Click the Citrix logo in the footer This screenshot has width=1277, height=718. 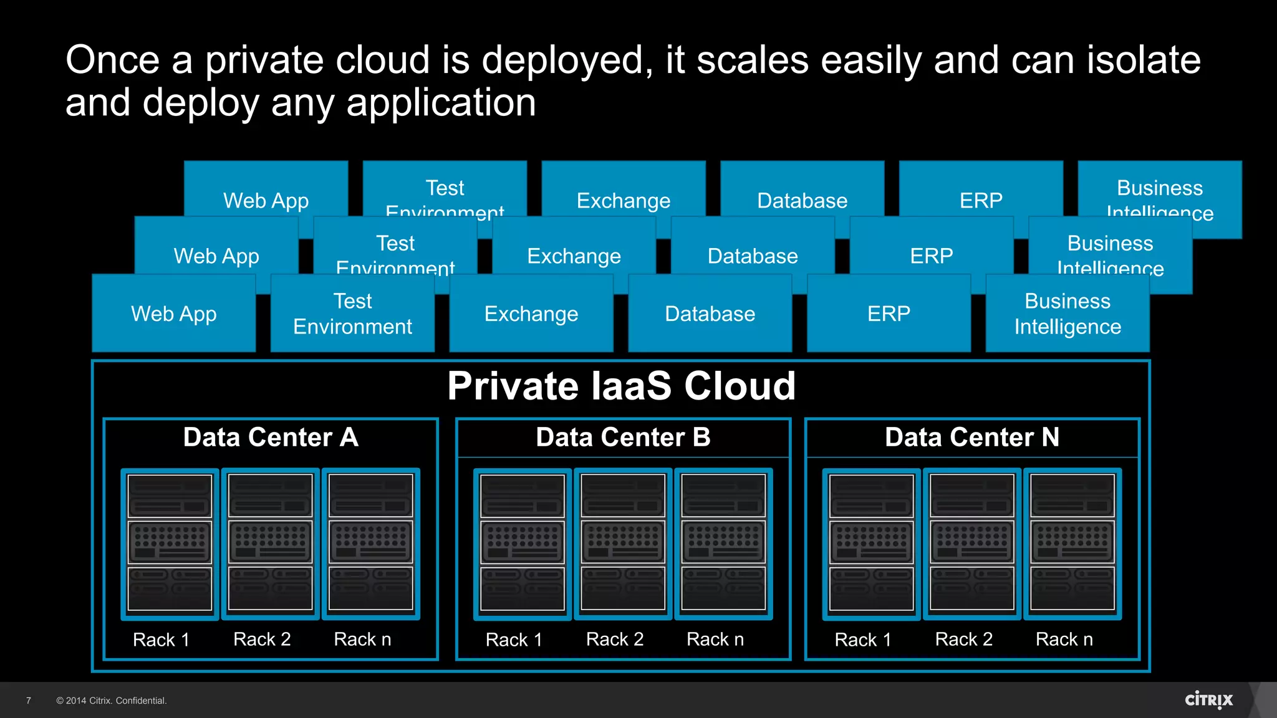pyautogui.click(x=1208, y=700)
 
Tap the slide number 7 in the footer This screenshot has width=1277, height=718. pyautogui.click(x=29, y=701)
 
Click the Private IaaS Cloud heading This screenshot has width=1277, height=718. pyautogui.click(x=621, y=386)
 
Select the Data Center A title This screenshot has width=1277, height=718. pyautogui.click(x=271, y=437)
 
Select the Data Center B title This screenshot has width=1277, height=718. pyautogui.click(x=623, y=437)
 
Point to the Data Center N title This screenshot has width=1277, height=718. pyautogui.click(x=971, y=437)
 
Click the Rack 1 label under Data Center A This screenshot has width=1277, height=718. pyautogui.click(x=161, y=639)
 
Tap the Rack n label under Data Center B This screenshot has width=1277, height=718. pyautogui.click(x=715, y=639)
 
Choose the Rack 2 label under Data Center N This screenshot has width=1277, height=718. pyautogui.click(x=963, y=639)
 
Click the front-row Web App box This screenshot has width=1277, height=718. pyautogui.click(x=174, y=314)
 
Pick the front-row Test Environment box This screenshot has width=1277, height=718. pyautogui.click(x=352, y=314)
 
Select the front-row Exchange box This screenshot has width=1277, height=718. pyautogui.click(x=531, y=314)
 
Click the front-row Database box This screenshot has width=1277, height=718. pyautogui.click(x=710, y=314)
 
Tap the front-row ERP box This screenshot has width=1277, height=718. pyautogui.click(x=889, y=314)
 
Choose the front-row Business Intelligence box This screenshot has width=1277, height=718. pyautogui.click(x=1067, y=314)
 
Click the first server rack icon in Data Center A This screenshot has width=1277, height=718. pyautogui.click(x=170, y=543)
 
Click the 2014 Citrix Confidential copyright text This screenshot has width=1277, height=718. pyautogui.click(x=112, y=701)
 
